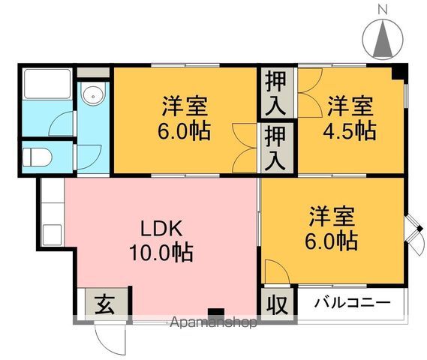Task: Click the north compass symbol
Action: click(382, 37)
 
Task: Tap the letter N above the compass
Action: click(382, 9)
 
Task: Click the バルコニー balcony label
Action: click(351, 304)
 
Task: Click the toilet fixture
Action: click(36, 158)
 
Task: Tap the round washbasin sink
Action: click(93, 96)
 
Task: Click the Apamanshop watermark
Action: click(214, 322)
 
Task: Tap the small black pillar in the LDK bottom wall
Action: click(216, 312)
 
